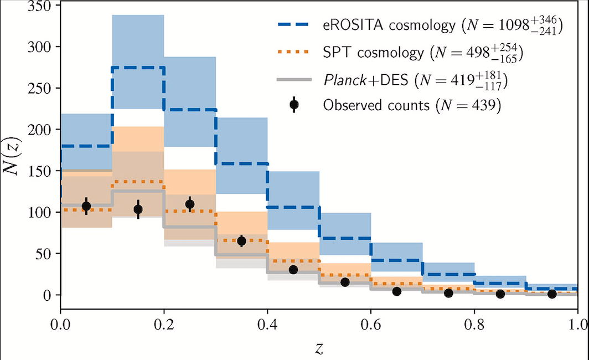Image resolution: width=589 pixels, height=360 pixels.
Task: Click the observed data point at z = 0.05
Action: [x=86, y=206]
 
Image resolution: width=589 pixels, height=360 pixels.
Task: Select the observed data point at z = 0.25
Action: [x=190, y=204]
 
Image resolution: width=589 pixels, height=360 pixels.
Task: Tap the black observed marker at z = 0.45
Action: [x=293, y=270]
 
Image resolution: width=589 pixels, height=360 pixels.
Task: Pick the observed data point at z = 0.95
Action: [x=552, y=294]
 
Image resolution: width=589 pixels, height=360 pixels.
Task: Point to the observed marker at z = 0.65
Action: [x=396, y=291]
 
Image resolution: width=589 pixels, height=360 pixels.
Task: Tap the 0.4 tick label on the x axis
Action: [x=267, y=323]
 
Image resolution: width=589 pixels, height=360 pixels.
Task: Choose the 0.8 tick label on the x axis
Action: [x=474, y=323]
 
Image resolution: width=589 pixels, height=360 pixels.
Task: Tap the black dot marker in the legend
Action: [x=294, y=104]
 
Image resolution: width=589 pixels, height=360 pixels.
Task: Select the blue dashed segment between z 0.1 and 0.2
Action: [x=138, y=68]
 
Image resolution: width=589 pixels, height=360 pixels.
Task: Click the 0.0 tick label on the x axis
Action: [x=60, y=323]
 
